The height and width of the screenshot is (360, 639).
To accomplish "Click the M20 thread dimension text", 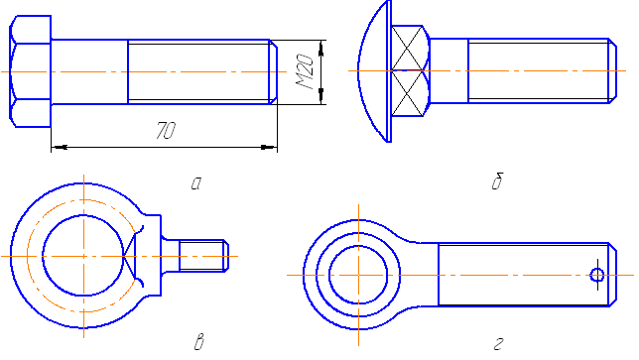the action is (305, 71).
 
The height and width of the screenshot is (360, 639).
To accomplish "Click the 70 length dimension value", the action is (166, 130).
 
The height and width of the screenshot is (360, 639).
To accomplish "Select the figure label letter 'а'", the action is (196, 183).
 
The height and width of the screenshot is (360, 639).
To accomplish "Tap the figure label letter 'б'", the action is (497, 180).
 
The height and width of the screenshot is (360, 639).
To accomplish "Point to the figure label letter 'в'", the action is (198, 342).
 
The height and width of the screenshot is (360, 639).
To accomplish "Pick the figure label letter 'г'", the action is (498, 344).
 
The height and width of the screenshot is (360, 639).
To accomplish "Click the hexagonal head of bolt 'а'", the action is (30, 71).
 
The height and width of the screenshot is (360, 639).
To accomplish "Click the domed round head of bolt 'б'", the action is (375, 70).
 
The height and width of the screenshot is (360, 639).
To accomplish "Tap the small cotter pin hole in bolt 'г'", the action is (597, 275).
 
